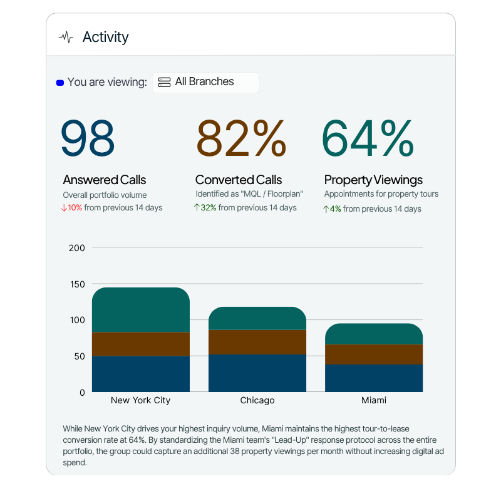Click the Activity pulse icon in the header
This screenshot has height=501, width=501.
tap(66, 37)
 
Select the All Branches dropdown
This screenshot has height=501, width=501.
tap(205, 82)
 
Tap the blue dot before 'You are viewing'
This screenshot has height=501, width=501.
tap(60, 82)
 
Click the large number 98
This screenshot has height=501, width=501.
tap(88, 138)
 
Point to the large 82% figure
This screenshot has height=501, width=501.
tap(241, 138)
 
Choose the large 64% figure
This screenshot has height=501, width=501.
tap(368, 138)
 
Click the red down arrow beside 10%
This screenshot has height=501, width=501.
tap(64, 208)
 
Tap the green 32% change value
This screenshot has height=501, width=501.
tap(208, 208)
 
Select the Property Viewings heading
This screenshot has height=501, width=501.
tap(373, 180)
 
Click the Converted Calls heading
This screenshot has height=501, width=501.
tap(239, 180)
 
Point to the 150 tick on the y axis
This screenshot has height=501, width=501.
tap(76, 284)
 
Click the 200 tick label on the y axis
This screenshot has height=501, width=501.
tap(76, 248)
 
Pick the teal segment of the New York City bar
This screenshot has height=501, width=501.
tap(141, 310)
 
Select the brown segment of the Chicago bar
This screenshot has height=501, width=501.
tap(257, 342)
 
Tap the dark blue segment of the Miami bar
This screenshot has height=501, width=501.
tap(374, 378)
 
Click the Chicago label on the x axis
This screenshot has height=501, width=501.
tap(257, 400)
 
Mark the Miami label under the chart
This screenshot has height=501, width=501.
tap(374, 400)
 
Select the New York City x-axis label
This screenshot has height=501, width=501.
tap(141, 400)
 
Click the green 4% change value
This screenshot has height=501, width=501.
tap(335, 209)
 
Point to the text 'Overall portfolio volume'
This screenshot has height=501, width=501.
tap(105, 195)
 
